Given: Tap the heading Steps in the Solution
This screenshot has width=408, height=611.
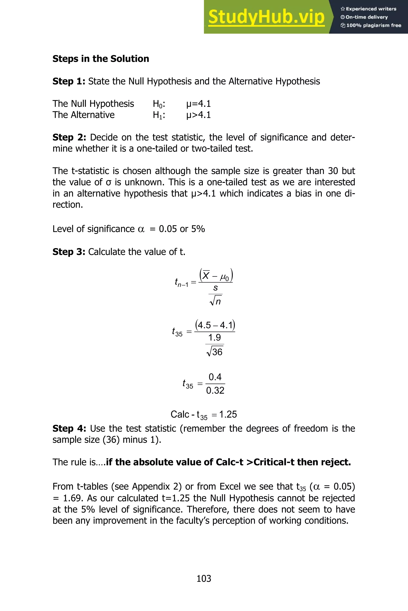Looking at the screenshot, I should [x=101, y=59].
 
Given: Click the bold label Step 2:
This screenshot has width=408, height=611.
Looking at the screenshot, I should [x=69, y=137].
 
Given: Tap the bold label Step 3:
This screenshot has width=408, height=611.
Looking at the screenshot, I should [x=69, y=252].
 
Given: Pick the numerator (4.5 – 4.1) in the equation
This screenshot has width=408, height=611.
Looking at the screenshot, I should [x=215, y=325].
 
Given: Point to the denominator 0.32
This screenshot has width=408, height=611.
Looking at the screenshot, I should [x=215, y=390].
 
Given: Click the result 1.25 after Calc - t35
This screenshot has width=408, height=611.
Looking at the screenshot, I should [x=228, y=414].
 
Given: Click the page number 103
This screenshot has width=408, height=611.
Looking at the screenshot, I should [x=204, y=579].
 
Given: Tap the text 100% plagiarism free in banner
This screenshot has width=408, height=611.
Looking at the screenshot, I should [x=374, y=25].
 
